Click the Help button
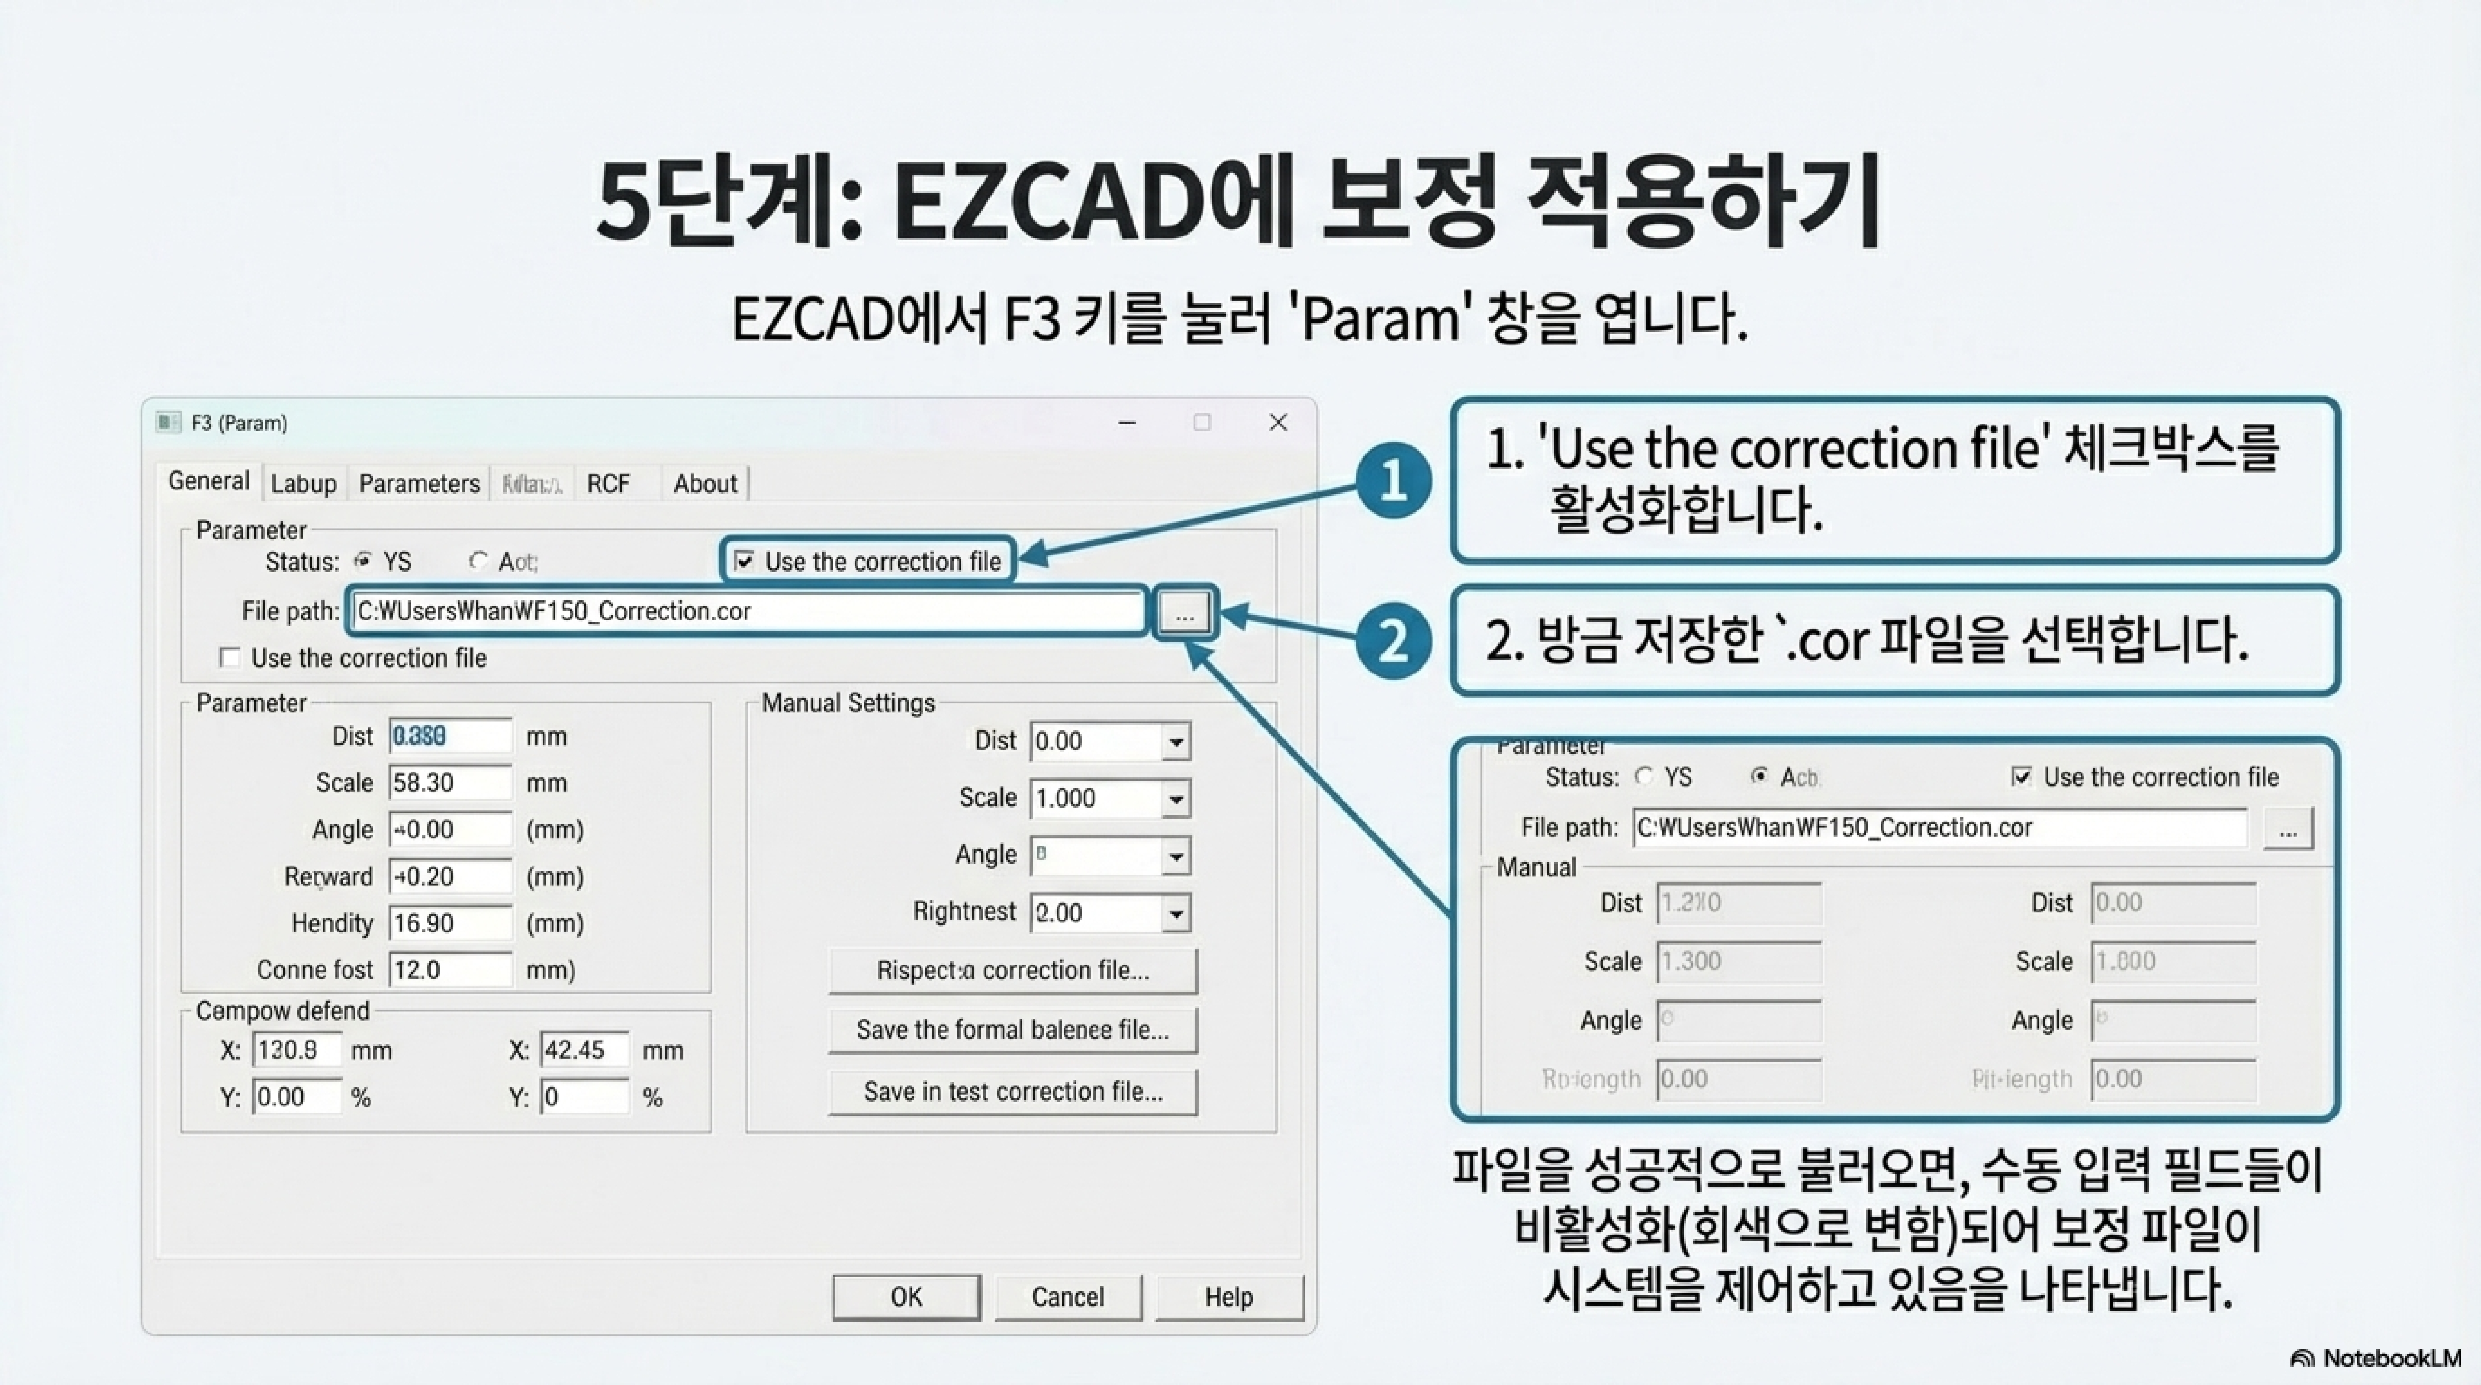click(x=1229, y=1296)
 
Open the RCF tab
click(x=608, y=483)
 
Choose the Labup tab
click(x=303, y=483)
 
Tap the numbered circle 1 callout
click(x=1393, y=480)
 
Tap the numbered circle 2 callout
click(x=1393, y=641)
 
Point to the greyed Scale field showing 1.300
click(x=1738, y=961)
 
